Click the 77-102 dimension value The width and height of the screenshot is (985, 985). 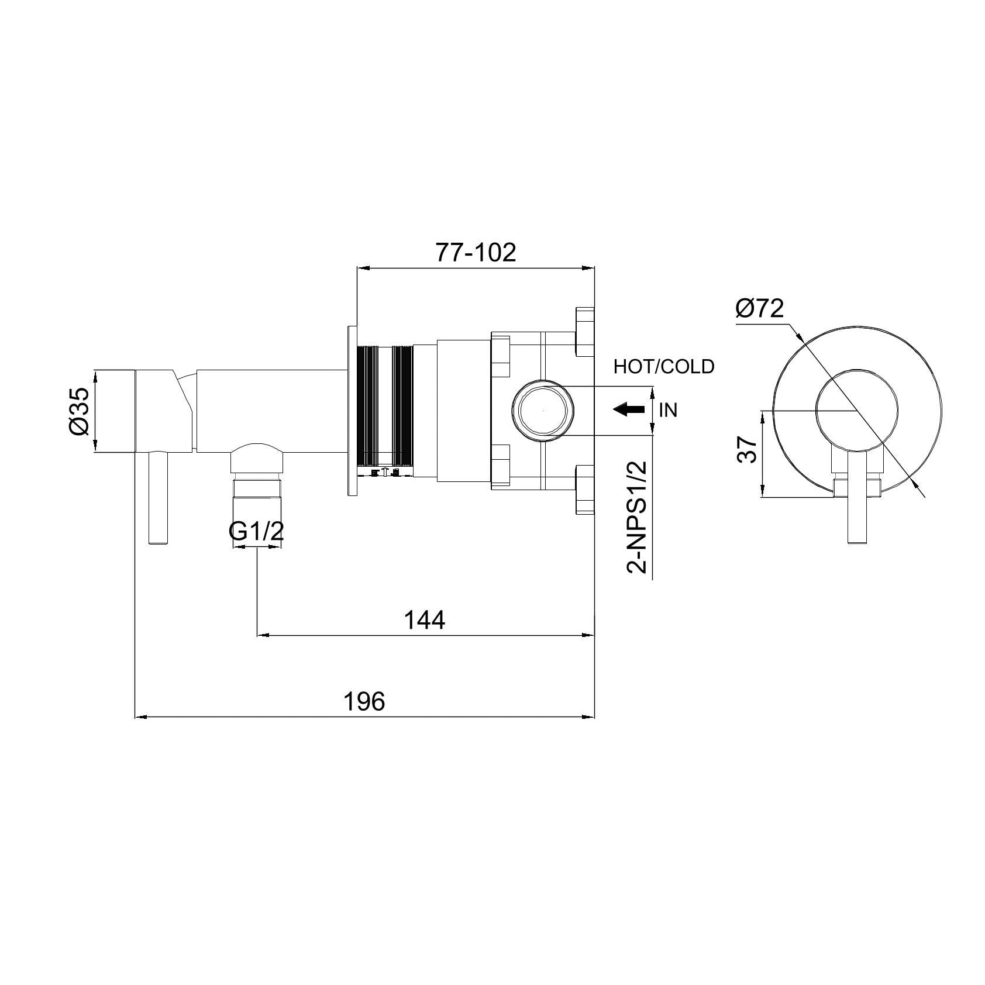point(476,253)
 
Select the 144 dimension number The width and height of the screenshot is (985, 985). point(425,620)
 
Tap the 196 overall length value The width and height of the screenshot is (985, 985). point(364,701)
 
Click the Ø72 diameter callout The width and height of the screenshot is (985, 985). point(760,308)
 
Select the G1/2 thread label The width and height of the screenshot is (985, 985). point(256,532)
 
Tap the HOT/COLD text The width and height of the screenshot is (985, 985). point(664,367)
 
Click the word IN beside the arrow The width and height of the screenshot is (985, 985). point(668,410)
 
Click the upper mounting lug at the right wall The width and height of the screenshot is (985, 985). point(584,331)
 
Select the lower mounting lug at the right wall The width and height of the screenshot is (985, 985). point(584,490)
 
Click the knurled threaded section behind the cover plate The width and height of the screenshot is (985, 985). point(385,409)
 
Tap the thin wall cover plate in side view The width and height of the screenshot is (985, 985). point(352,409)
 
